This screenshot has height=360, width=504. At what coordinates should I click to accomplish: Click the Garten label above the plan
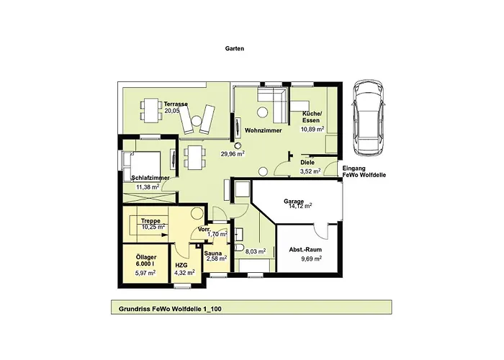pos(234,48)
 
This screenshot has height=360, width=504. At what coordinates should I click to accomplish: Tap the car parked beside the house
pos(368,117)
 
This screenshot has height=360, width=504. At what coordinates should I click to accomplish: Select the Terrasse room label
pos(176,104)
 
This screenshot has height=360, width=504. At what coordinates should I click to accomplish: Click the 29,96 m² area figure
pos(233,153)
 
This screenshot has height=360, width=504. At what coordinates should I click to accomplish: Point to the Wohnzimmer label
pos(264,130)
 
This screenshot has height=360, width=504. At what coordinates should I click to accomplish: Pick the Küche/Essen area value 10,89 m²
pos(312,129)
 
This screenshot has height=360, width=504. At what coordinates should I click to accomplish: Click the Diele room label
pos(307,162)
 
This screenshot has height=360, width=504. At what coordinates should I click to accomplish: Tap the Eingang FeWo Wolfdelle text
pos(364,171)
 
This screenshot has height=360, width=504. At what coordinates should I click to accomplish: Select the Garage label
pos(294,202)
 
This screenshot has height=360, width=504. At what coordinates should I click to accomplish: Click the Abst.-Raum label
pos(305,250)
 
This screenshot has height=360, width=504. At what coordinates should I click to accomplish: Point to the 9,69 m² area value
pos(312,258)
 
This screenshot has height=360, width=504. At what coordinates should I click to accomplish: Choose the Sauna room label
pos(213,253)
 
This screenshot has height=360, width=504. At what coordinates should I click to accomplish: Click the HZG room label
pos(181,266)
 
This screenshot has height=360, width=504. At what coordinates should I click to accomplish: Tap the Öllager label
pos(146,257)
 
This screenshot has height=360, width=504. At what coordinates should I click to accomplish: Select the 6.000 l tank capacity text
pos(145,264)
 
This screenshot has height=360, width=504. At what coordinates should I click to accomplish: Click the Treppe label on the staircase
pos(150,221)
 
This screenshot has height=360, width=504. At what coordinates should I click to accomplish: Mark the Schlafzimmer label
pos(150,178)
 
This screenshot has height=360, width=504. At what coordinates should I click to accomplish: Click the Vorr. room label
pos(204,230)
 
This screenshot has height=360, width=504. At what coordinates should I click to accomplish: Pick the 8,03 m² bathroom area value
pos(256,251)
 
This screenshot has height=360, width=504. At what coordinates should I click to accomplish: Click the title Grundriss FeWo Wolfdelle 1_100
pos(170,309)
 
